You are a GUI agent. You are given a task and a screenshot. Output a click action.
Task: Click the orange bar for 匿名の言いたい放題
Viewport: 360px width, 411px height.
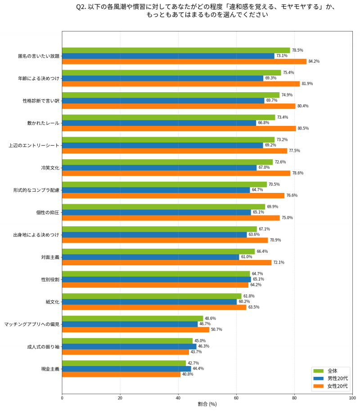(x=184, y=62)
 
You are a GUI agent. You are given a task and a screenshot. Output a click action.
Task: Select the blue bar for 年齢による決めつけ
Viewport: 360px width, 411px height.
(x=162, y=78)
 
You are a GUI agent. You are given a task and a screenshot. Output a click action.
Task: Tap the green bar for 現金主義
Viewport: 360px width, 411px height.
(x=124, y=363)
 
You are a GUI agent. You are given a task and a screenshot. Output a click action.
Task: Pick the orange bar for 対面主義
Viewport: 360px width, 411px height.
(x=166, y=263)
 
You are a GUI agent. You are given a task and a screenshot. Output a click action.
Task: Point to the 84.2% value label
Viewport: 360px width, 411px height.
(x=314, y=62)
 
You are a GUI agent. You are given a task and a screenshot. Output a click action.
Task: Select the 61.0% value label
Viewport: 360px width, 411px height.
(x=246, y=257)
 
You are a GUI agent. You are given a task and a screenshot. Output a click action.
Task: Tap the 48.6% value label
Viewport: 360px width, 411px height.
(x=210, y=318)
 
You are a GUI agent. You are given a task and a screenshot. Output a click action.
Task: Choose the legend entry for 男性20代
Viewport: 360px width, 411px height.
(x=337, y=379)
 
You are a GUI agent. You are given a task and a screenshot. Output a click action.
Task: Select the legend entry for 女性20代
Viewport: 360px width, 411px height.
(x=337, y=386)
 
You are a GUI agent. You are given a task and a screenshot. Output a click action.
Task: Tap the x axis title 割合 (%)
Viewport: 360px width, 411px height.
(x=207, y=404)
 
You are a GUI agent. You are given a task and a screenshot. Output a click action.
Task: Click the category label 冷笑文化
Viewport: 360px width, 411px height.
(x=50, y=168)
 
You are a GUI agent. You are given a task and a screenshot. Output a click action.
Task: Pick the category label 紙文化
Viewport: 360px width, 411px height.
(x=52, y=302)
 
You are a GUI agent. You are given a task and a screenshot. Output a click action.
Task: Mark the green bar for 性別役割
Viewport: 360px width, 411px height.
(x=156, y=274)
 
